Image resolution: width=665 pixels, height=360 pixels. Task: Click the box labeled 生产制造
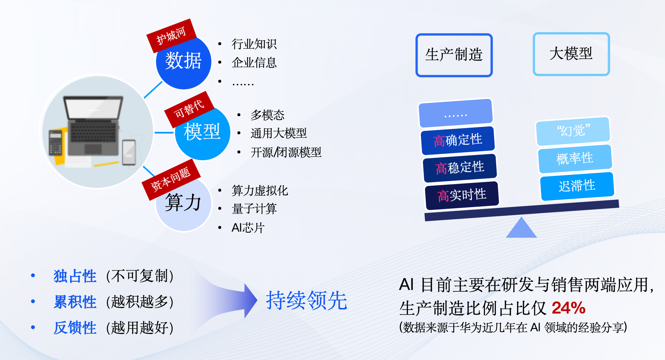point(454,55)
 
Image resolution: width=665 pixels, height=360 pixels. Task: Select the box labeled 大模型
point(571,54)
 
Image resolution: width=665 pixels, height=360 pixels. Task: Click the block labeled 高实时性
point(462,195)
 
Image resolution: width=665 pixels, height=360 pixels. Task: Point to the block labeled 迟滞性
point(577,186)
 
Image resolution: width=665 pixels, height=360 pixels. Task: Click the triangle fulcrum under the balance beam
point(521,228)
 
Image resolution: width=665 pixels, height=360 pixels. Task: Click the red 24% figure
point(569,308)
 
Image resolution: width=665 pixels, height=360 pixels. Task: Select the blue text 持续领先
point(307,301)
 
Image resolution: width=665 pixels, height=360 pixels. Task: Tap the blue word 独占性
point(75,276)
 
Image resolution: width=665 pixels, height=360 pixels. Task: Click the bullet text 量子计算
point(254,209)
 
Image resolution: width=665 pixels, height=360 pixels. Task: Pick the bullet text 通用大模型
point(279,133)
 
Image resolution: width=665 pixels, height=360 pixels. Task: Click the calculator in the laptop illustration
point(55,143)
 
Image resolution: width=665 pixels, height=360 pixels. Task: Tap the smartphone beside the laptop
point(129,152)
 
